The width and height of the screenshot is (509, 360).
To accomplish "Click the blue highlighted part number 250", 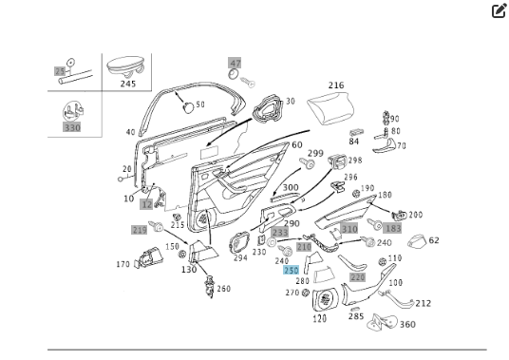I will coord(292,271).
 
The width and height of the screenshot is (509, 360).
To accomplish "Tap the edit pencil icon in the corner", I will coord(499,11).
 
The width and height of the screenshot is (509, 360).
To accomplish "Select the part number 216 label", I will coord(336,85).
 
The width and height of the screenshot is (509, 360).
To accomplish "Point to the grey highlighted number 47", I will coord(235,64).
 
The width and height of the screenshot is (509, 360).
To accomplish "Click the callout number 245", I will coord(128,84).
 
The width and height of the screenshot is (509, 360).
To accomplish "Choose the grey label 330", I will coord(72,126).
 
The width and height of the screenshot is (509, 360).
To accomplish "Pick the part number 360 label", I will coord(407,325).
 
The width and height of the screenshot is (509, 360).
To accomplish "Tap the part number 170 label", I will coord(123,264).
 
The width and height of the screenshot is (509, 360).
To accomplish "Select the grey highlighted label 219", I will coord(140,231).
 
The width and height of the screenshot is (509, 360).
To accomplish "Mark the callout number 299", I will coord(315,154).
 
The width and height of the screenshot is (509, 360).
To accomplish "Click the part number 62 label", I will coord(434,240).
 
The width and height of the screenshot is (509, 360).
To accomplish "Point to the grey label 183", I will coord(393,230).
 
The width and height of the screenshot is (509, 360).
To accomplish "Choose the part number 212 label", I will coord(423,304).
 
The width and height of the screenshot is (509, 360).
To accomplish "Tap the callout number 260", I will coord(223,289).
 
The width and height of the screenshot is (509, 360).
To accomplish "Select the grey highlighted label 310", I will coord(349,229).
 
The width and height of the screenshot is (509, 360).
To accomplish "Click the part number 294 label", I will coord(240,257).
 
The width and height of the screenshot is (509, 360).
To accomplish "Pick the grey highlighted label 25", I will coord(60,71).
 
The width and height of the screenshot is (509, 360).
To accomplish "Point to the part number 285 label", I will coord(355,316).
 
